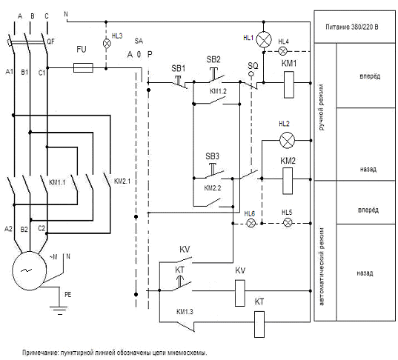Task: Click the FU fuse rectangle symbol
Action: tap(83, 67)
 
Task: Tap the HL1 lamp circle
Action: tap(264, 39)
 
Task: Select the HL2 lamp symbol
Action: tap(287, 140)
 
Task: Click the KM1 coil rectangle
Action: tap(289, 84)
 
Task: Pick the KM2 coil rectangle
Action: tap(288, 181)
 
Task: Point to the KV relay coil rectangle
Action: tap(240, 293)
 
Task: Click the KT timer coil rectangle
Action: tap(259, 324)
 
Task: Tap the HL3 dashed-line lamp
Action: tap(107, 44)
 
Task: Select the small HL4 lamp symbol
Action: tap(283, 51)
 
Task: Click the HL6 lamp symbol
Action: tap(251, 223)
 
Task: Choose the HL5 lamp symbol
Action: tap(288, 223)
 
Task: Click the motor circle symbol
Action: tap(30, 270)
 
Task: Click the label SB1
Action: tap(179, 68)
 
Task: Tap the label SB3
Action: tap(212, 156)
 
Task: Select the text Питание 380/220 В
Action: tap(352, 27)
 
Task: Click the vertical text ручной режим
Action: tap(322, 107)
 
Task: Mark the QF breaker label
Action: tap(50, 41)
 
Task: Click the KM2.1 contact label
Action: tap(122, 181)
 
